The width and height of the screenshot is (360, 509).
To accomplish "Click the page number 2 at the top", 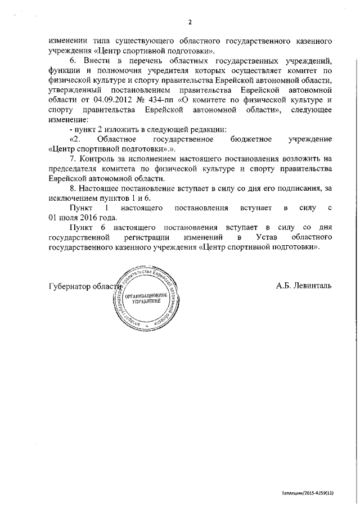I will tap(190, 22).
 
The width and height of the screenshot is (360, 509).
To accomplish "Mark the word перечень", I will tap(151, 60).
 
